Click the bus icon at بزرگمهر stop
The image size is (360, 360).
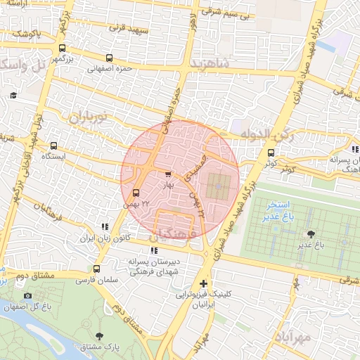coord(63,49)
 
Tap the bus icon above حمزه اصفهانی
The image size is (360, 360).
coord(108,58)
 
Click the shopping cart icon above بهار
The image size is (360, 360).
coord(167,174)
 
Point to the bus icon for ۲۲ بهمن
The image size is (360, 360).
coord(136,192)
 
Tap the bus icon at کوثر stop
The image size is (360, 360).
coord(271,152)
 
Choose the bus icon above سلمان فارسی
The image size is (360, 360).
coord(96,269)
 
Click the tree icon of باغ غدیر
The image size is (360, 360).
coord(309,234)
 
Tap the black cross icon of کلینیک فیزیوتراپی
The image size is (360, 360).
coord(204,283)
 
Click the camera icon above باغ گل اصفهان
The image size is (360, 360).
coord(28,296)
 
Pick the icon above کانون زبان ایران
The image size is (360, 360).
coord(105,227)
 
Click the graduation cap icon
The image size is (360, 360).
coord(13,96)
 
